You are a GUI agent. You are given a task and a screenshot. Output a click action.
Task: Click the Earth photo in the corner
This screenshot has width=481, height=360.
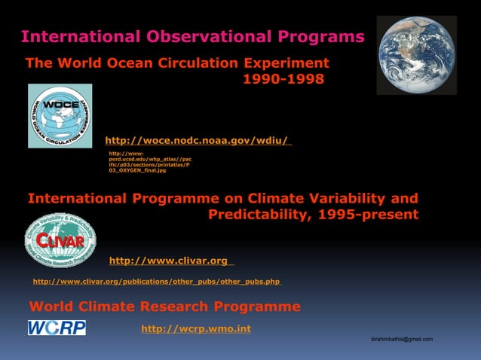416,55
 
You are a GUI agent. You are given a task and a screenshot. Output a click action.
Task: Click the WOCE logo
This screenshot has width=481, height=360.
60,116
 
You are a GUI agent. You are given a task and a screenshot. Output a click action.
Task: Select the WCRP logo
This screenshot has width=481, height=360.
57,328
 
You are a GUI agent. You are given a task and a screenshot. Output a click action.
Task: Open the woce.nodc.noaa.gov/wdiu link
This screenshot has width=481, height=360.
197,140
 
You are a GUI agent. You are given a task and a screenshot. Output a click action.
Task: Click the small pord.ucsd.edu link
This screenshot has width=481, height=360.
149,162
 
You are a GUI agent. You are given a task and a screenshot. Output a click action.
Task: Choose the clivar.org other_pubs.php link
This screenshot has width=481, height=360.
156,282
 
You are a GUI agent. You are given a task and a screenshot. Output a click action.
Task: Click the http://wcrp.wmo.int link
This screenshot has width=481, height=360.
196,328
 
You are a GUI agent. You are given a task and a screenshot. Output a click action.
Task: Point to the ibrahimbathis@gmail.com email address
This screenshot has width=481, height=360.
402,340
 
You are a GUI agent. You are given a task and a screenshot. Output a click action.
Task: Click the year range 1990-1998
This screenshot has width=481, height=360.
283,79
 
